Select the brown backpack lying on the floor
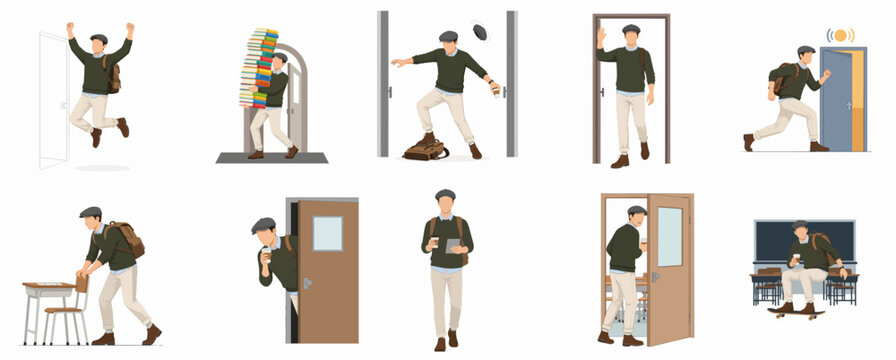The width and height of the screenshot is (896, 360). [425, 149]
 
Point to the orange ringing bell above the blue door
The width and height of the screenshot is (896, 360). [840, 36]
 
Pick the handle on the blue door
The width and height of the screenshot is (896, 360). [848, 104]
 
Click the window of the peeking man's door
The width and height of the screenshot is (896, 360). [327, 233]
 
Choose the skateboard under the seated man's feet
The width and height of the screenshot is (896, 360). [796, 313]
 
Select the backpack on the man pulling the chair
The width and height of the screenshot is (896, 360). [127, 239]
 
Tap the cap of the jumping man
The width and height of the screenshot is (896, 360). [98, 38]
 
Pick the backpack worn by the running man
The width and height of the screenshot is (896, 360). [782, 78]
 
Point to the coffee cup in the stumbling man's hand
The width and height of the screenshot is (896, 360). [494, 89]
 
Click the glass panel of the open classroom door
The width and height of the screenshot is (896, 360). [669, 236]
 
